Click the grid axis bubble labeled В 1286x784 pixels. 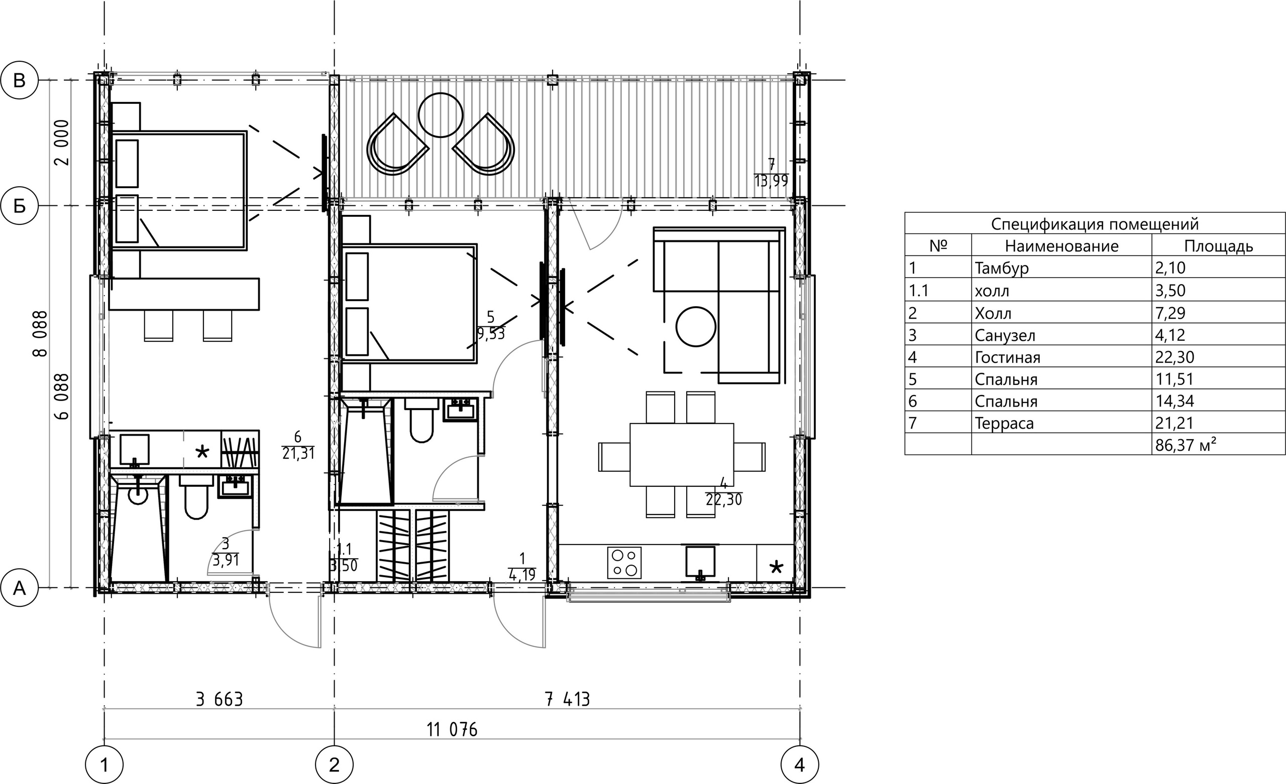point(19,80)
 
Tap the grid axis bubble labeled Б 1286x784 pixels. point(19,206)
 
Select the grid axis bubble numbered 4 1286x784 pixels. point(800,765)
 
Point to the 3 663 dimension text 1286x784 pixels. point(219,700)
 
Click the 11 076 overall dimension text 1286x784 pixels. point(452,730)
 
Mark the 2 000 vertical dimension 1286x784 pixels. point(61,143)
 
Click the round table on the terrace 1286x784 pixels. point(441,115)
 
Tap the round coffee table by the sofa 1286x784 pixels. point(696,327)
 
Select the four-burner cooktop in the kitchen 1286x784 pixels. point(624,562)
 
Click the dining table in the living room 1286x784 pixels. point(682,454)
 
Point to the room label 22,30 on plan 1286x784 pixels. point(723,500)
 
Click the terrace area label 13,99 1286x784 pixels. point(771,181)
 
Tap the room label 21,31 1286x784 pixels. point(298,453)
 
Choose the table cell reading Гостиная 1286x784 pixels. point(1007,357)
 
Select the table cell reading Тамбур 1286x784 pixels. point(1002,268)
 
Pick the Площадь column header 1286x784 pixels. point(1218,245)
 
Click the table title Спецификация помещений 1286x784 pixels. point(1095,224)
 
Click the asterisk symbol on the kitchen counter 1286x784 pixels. point(777,567)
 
